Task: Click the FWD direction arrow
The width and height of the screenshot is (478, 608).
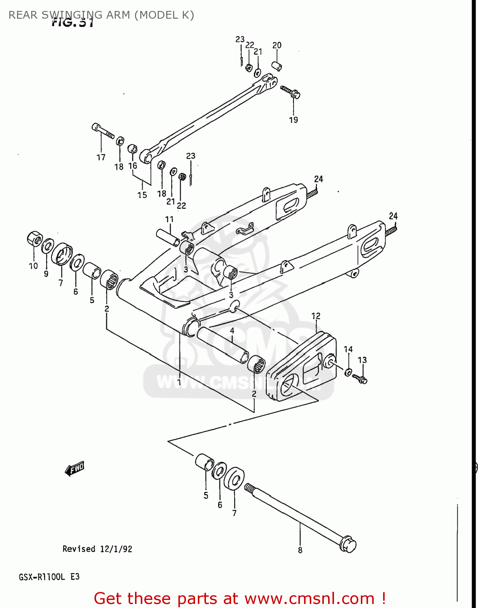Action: coord(74,469)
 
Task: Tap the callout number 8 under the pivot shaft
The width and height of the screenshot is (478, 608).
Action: coord(300,550)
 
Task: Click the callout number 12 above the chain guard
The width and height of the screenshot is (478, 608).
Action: coord(316,316)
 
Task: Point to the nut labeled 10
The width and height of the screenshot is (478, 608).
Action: coord(35,238)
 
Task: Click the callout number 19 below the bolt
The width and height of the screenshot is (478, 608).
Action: coord(294,120)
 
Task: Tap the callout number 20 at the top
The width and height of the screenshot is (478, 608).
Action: coord(277,45)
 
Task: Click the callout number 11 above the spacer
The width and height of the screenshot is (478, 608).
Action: coord(169,219)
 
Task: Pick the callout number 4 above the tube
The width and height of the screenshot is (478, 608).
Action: coord(232,331)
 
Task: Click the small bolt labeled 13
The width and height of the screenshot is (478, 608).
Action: coord(360,379)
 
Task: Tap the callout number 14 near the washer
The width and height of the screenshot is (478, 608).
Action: coord(348,349)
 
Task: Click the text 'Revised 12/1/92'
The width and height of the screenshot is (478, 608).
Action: coord(97,549)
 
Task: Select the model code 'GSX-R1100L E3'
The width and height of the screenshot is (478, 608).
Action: coord(49,577)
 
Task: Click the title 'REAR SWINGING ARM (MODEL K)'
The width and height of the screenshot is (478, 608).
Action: coord(101,15)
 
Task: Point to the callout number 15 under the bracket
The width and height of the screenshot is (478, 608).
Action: coord(142,195)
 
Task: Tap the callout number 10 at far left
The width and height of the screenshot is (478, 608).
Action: coord(33,266)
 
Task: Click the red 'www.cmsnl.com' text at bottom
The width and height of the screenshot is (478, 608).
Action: coord(309,599)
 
